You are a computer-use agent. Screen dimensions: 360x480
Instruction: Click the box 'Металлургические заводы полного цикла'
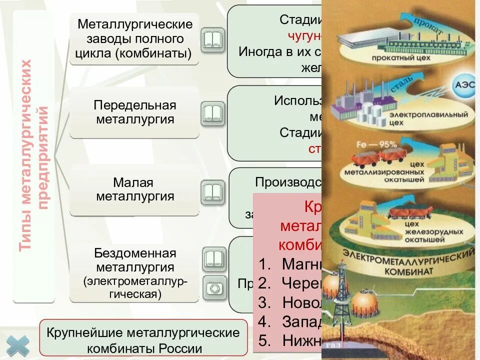point(134,39)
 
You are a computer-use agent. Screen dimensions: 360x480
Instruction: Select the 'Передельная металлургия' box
point(134,112)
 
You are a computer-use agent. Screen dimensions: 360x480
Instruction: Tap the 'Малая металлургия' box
point(135,190)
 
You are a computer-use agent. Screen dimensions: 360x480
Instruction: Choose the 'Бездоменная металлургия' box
point(135,273)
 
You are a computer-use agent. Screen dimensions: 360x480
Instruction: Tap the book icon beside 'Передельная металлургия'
point(213,114)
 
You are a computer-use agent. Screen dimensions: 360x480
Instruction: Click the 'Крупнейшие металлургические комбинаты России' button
point(143,340)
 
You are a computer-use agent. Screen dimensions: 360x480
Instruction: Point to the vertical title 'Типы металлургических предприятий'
point(34,156)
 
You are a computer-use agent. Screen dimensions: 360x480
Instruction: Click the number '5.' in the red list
point(265,340)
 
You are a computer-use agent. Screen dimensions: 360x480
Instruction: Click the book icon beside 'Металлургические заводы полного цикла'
point(213,40)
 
